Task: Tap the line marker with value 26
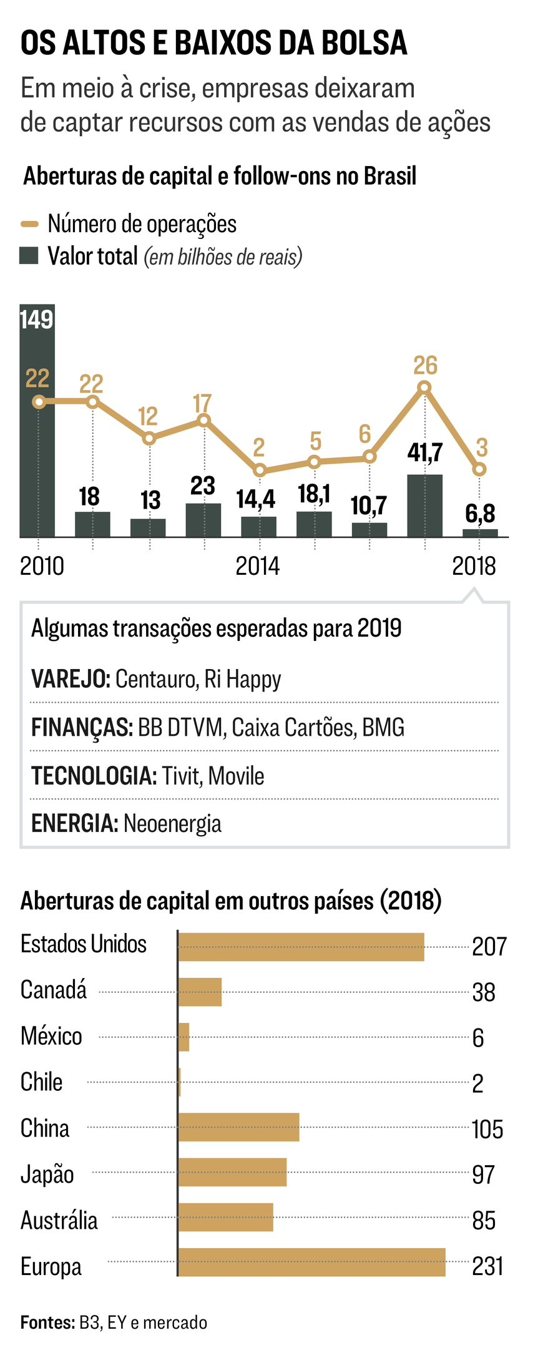point(425,388)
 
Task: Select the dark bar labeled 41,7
point(425,506)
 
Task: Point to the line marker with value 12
point(149,438)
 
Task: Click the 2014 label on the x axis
point(258,566)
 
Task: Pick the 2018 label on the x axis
point(474,566)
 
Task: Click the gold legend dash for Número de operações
point(29,224)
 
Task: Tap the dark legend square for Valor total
point(29,255)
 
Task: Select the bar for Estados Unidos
point(301,947)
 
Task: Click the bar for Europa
point(312,1262)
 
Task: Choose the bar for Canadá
point(200,992)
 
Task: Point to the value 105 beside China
point(487,1129)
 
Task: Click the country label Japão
point(47,1174)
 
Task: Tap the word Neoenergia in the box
point(172,823)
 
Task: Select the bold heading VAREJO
point(71,679)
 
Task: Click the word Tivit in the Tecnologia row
point(182,776)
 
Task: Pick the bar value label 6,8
point(480,514)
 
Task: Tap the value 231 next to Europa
point(487,1267)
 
